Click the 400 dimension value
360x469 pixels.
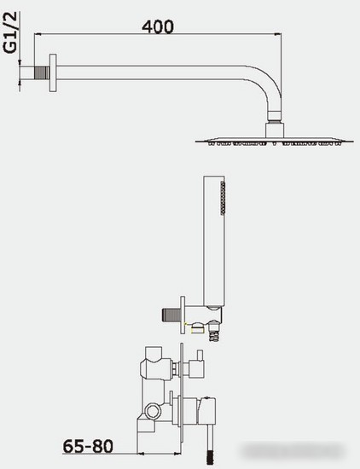[x=158, y=26]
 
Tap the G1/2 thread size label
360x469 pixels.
[x=10, y=33]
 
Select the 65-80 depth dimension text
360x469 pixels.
[x=88, y=446]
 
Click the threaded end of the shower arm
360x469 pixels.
[x=42, y=72]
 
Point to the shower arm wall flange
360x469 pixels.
[x=53, y=72]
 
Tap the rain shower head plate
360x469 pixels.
[x=275, y=142]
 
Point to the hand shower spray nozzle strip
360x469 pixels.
[x=223, y=198]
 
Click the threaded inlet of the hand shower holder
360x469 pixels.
[x=171, y=315]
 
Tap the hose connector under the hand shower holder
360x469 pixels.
[x=215, y=331]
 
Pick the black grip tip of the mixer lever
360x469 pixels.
[x=210, y=458]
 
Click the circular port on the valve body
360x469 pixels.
[x=153, y=411]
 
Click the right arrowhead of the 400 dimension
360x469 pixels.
[x=278, y=34]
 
